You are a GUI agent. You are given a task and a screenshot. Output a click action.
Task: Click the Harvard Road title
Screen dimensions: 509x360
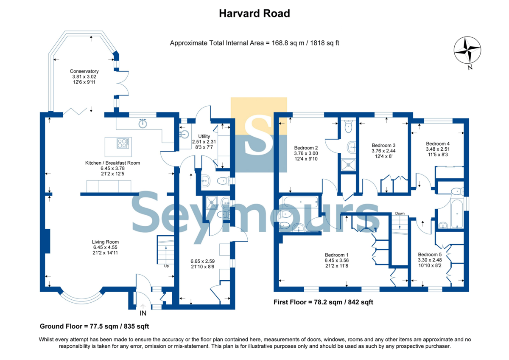point(254,14)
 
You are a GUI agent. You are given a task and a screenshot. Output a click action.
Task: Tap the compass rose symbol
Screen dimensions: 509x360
point(467,50)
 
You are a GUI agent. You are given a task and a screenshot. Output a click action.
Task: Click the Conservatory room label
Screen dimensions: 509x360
point(84,71)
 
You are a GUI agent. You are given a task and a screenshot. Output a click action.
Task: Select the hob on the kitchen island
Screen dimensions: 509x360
point(123,143)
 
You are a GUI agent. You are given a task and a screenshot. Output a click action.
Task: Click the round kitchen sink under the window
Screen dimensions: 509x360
point(143,123)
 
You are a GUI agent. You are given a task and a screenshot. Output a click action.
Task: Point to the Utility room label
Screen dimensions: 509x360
point(204,136)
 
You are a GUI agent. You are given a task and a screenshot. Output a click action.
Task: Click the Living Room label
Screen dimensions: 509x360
point(105,242)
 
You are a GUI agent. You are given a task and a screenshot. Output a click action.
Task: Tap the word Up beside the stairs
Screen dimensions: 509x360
point(166,266)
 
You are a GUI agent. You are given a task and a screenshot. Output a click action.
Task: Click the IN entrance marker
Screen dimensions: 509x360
point(143,313)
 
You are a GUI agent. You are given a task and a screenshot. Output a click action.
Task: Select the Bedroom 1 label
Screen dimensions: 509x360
point(336,255)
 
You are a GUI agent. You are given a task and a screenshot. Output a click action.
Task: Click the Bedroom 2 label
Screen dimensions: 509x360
point(306,148)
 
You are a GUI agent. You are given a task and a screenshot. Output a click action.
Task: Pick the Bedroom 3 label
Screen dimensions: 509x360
point(383,145)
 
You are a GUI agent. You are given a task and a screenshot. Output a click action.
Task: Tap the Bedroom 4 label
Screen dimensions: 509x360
point(438,144)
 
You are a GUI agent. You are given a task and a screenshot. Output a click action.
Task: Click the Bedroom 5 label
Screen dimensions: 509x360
point(430,254)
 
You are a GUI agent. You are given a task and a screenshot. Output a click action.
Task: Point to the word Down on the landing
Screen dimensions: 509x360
point(400,213)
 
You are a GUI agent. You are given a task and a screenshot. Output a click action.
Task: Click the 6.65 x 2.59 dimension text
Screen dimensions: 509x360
point(202,262)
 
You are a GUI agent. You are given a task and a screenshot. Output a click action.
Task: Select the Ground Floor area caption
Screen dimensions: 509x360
point(94,326)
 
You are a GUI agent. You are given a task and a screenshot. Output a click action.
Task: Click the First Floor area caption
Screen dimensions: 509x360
point(323,302)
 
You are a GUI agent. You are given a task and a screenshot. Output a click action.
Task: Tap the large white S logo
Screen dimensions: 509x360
point(258,135)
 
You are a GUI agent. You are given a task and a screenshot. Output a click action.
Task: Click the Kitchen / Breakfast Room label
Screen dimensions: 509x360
point(112,163)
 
